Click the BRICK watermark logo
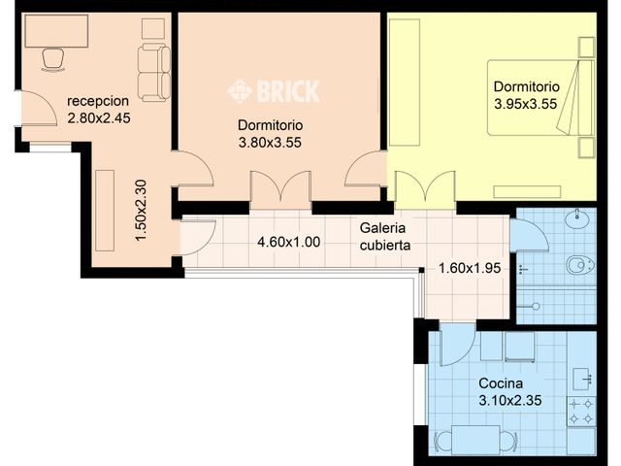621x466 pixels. pyautogui.click(x=274, y=91)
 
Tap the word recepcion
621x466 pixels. pyautogui.click(x=99, y=101)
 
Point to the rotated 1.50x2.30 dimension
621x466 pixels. pyautogui.click(x=141, y=211)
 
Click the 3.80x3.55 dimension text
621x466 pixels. pyautogui.click(x=271, y=143)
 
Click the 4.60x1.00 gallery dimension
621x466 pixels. pyautogui.click(x=288, y=243)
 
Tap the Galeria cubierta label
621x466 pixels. pyautogui.click(x=384, y=236)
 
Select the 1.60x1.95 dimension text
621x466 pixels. pyautogui.click(x=469, y=269)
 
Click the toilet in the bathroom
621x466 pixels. pyautogui.click(x=580, y=263)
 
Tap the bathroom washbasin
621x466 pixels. pyautogui.click(x=580, y=217)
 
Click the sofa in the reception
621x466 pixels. pyautogui.click(x=153, y=72)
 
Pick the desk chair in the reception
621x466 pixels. pyautogui.click(x=52, y=59)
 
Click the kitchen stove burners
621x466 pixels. pyautogui.click(x=581, y=411)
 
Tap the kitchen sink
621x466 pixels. pyautogui.click(x=582, y=378)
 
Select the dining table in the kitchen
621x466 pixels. pyautogui.click(x=475, y=440)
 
